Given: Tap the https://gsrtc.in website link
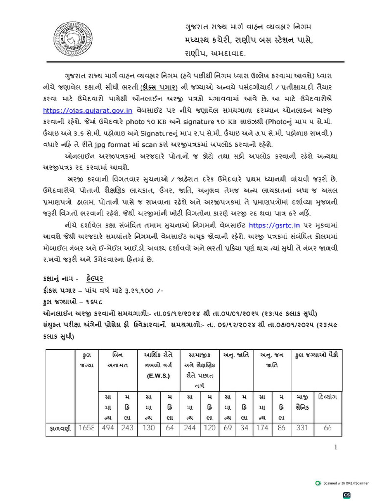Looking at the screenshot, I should click(x=272, y=225).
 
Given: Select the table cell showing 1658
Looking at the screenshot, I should click(x=87, y=429).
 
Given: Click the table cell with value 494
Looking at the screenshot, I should click(x=108, y=429).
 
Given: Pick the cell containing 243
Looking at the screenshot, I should click(x=127, y=429).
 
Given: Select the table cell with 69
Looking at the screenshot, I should click(x=228, y=429).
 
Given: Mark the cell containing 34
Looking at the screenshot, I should click(x=244, y=429).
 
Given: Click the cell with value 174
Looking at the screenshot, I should click(x=263, y=429).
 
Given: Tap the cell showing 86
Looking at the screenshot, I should click(x=281, y=429).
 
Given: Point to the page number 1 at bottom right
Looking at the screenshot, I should click(x=336, y=447).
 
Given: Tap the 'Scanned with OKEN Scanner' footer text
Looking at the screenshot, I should click(x=346, y=483).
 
